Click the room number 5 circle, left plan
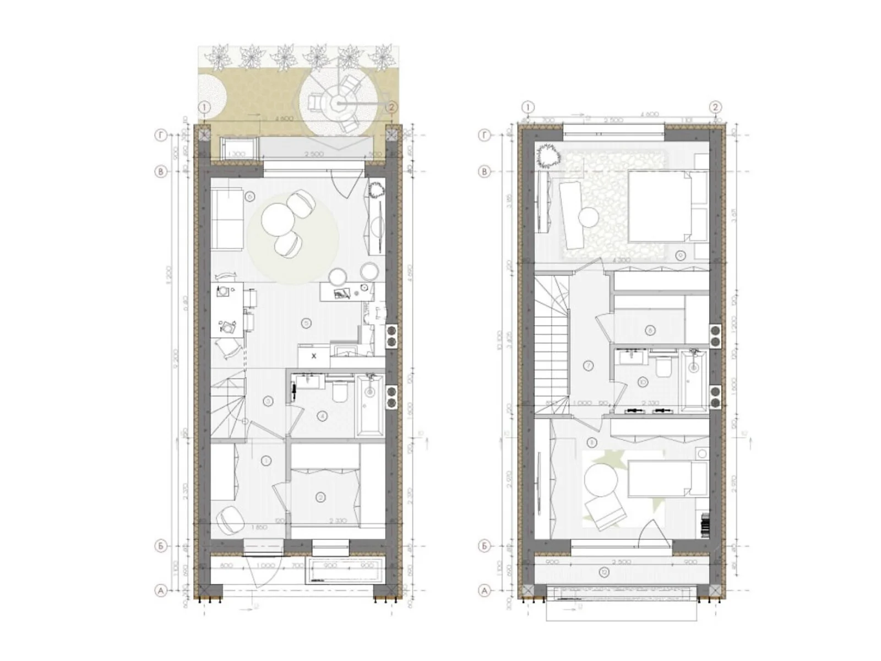(306, 323)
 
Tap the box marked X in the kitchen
(314, 356)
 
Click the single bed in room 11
(666, 478)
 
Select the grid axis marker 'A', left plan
(161, 590)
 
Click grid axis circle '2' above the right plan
(715, 107)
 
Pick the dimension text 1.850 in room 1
(259, 527)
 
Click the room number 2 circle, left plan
(321, 497)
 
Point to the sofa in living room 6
(227, 219)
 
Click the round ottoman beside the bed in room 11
(601, 481)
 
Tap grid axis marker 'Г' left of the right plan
(485, 135)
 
